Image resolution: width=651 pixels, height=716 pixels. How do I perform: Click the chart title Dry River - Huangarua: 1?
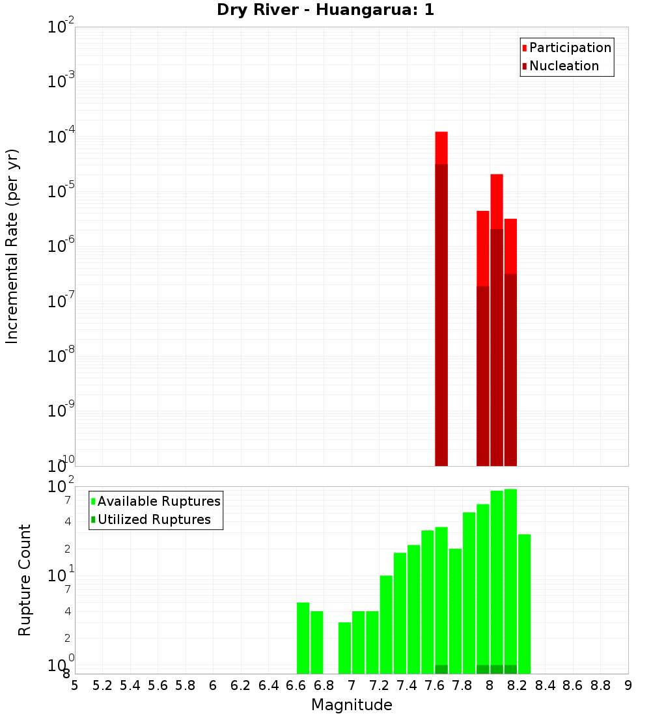click(325, 10)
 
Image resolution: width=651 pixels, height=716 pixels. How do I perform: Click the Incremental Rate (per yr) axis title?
click(12, 246)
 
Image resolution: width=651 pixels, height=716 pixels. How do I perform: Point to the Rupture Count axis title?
click(25, 580)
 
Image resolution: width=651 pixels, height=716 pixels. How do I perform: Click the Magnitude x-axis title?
click(352, 705)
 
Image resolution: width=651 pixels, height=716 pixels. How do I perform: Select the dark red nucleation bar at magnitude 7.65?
click(441, 312)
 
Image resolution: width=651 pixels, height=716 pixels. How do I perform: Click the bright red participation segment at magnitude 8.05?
click(497, 201)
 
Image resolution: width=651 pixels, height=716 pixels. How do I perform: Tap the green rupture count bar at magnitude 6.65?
click(303, 638)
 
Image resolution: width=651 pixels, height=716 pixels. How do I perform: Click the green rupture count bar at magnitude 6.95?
click(344, 648)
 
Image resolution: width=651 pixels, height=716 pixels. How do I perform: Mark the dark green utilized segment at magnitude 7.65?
click(441, 669)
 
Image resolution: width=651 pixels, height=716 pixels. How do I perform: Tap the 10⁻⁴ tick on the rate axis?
click(62, 137)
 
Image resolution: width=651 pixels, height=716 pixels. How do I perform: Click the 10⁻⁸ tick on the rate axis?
click(62, 356)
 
